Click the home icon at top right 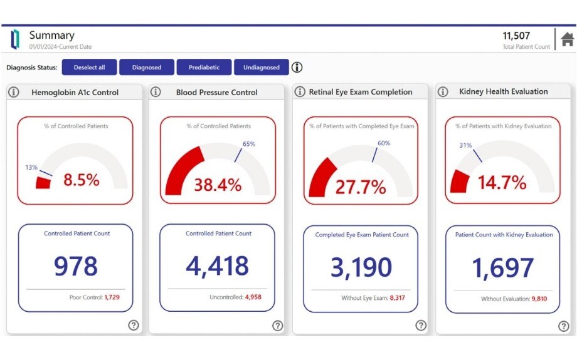(567, 39)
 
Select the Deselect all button (89, 68)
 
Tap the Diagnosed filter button (147, 68)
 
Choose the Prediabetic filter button (204, 68)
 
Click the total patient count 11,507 (516, 36)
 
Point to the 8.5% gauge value (81, 180)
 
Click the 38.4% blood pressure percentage (218, 185)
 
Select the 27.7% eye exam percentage (361, 187)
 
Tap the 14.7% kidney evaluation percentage (502, 183)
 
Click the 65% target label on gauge (249, 144)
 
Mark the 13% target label (31, 167)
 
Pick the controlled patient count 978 (75, 266)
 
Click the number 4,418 (217, 265)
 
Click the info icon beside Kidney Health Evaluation (443, 92)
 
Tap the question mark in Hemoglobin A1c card (134, 325)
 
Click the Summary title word (52, 35)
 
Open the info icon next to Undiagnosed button (297, 68)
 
